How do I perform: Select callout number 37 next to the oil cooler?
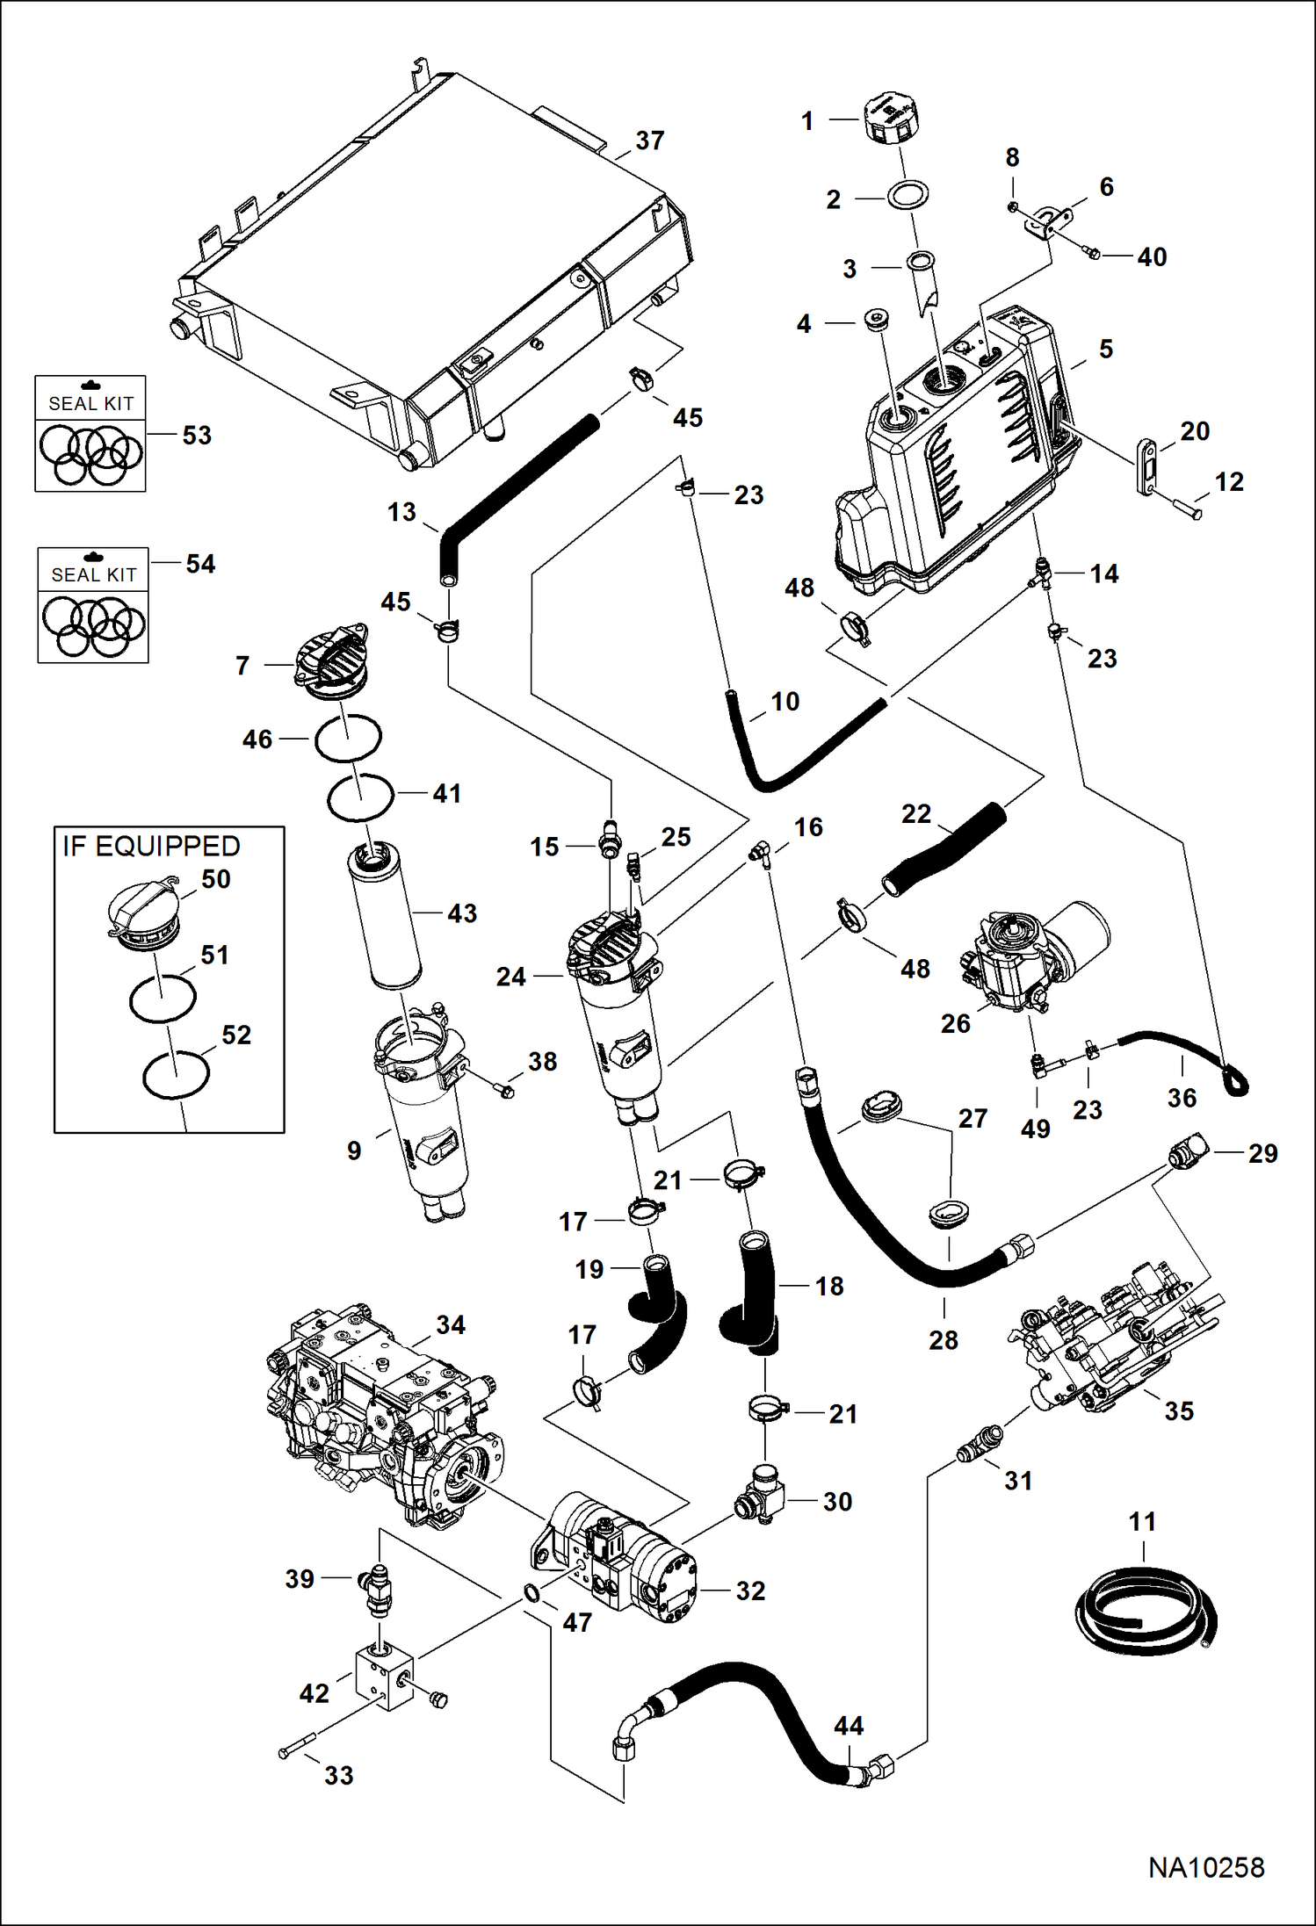click(x=650, y=141)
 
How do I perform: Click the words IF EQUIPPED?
click(x=151, y=847)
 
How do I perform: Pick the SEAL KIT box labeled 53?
click(x=90, y=434)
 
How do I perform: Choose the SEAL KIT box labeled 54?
click(x=93, y=605)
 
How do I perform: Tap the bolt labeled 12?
click(x=1186, y=507)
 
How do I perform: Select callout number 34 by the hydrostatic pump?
click(x=451, y=1325)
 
